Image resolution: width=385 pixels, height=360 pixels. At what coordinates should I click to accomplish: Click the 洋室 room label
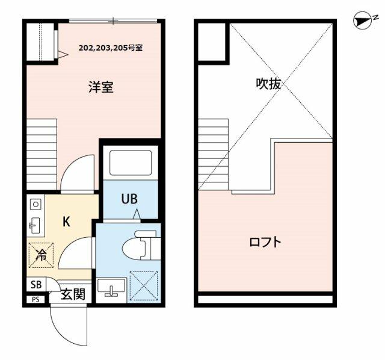(x=101, y=87)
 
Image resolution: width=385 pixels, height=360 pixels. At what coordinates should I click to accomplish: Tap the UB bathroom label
(x=129, y=199)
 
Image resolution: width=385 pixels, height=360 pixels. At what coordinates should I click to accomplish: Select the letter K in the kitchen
(x=66, y=222)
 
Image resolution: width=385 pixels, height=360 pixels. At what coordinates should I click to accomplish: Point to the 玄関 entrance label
(x=73, y=294)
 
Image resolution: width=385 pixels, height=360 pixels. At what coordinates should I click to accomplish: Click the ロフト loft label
(x=265, y=242)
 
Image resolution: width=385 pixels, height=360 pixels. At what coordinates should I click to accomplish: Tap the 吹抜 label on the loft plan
(x=268, y=84)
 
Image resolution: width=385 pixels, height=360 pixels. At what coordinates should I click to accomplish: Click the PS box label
(x=35, y=300)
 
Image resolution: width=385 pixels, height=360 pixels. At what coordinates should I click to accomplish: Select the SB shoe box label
(x=36, y=285)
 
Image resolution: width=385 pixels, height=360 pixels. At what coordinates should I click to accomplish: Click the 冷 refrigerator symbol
(x=41, y=255)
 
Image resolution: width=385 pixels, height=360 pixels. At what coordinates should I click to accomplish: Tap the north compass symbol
(x=362, y=21)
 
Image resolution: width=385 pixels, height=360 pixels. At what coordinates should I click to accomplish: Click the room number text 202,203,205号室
(x=111, y=48)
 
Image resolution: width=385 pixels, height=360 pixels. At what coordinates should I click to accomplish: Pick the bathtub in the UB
(x=131, y=163)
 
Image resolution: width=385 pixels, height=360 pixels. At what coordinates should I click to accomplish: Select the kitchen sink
(x=34, y=226)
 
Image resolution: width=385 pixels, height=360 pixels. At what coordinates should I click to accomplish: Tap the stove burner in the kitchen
(x=35, y=204)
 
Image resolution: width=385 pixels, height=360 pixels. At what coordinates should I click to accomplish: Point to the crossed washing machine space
(x=144, y=286)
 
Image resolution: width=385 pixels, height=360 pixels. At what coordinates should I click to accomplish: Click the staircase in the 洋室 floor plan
(x=42, y=154)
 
